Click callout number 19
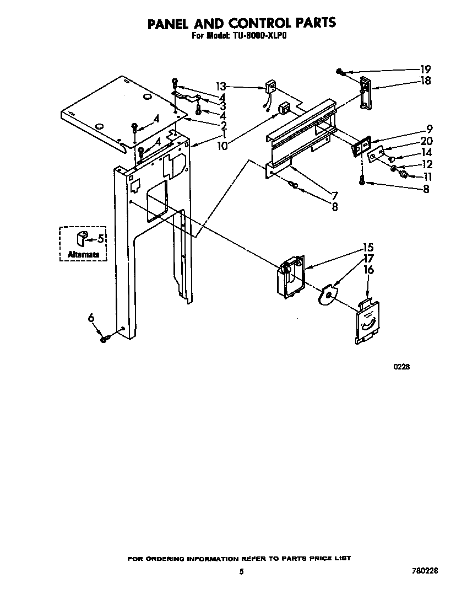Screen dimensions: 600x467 (425, 69)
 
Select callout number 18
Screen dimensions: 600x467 (425, 81)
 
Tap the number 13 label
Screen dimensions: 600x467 (221, 87)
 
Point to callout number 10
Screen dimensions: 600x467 (222, 146)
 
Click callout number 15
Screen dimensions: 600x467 (368, 247)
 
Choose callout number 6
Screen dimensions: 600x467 (91, 317)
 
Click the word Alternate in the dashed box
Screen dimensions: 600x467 (84, 255)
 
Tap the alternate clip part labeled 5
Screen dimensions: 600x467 (81, 238)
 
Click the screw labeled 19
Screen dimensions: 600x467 (341, 72)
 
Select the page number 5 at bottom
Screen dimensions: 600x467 (241, 572)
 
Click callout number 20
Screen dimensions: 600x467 (426, 141)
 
